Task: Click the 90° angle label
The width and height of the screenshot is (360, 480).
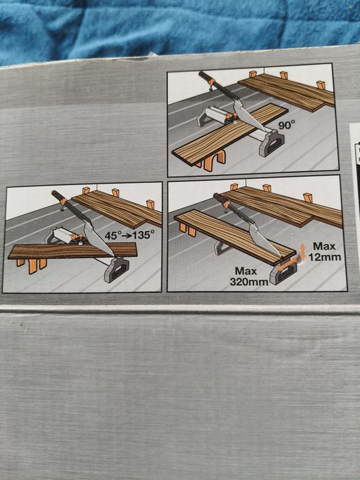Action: click(287, 125)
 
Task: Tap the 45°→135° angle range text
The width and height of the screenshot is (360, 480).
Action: click(129, 235)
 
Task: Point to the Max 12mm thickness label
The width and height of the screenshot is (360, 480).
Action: click(324, 252)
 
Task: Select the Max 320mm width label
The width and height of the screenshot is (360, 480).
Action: click(248, 276)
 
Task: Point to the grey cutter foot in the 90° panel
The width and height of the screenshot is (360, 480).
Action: click(272, 143)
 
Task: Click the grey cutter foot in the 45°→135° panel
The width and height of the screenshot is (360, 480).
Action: click(117, 269)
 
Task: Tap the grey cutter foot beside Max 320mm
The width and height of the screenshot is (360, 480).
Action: click(283, 272)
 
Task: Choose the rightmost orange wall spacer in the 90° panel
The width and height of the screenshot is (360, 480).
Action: click(321, 85)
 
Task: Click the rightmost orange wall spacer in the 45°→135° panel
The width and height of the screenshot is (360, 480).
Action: click(150, 204)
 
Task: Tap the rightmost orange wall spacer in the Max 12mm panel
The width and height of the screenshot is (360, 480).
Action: click(308, 197)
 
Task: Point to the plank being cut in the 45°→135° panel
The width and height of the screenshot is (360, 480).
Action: click(73, 250)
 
